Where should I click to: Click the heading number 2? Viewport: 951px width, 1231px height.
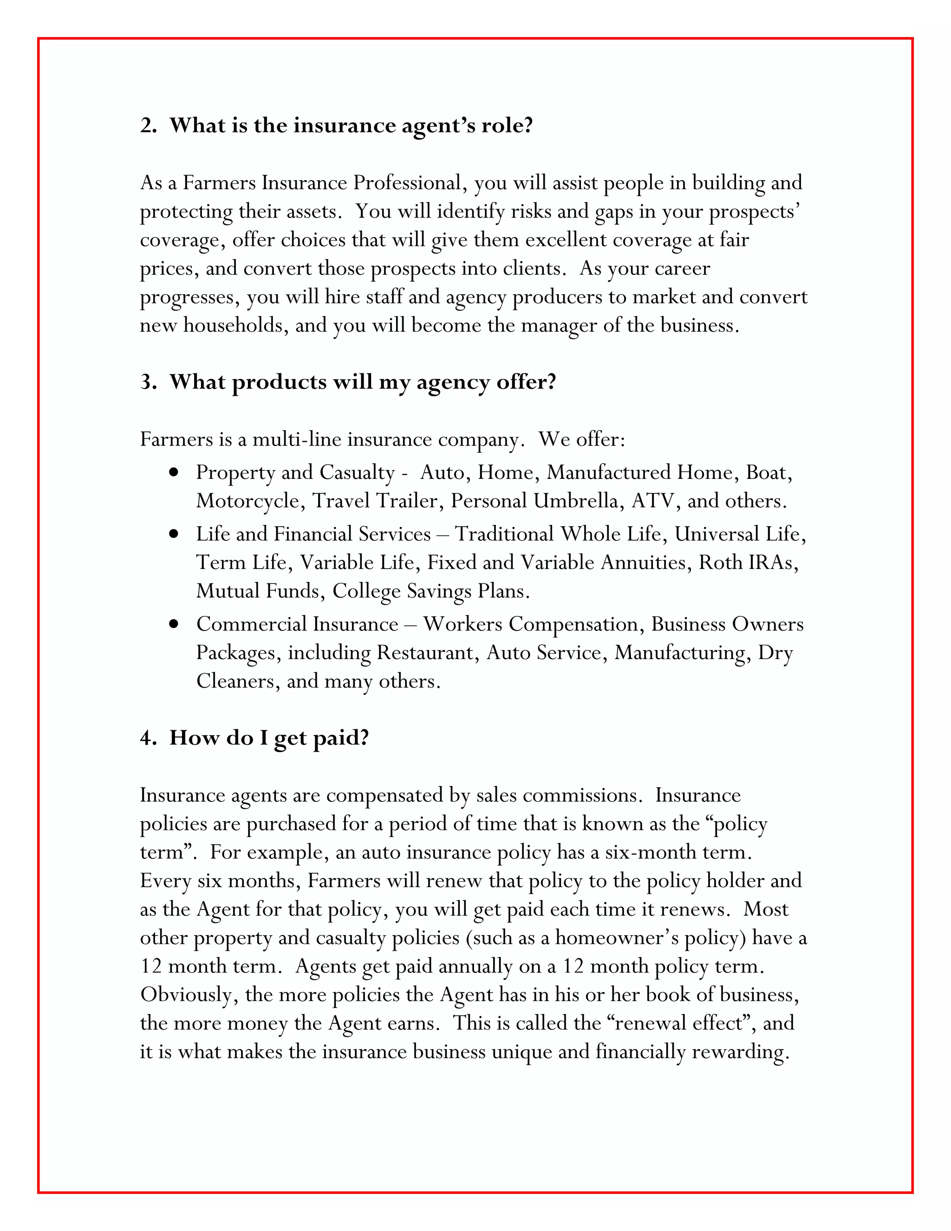coord(148,125)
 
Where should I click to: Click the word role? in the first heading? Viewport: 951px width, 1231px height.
coord(507,125)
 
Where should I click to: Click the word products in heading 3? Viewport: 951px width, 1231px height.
coord(278,382)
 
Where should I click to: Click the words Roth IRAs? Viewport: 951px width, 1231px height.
coord(748,563)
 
